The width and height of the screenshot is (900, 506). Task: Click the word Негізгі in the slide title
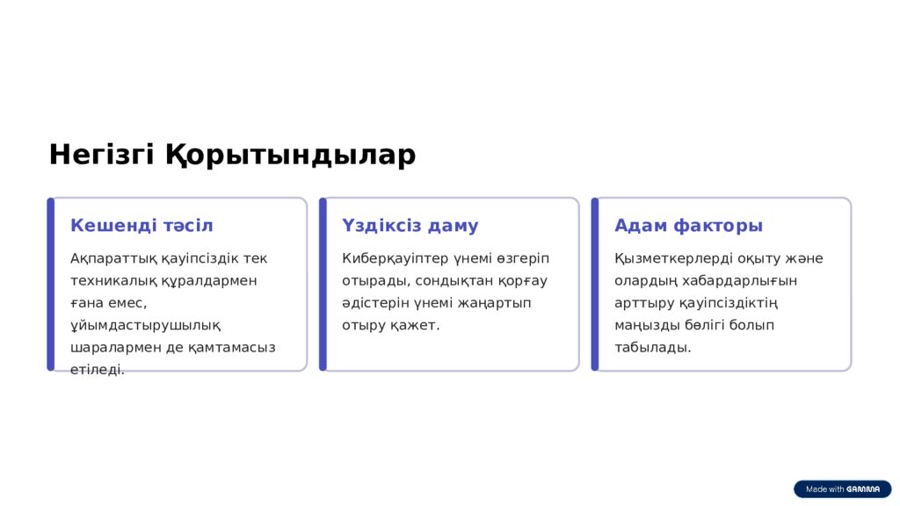[x=102, y=155]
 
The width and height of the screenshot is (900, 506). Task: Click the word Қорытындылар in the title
[x=290, y=155]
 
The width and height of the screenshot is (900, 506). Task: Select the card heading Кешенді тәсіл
[x=142, y=226]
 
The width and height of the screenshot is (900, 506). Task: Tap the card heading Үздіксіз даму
[x=410, y=226]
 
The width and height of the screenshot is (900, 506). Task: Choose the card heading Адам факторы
[x=688, y=226]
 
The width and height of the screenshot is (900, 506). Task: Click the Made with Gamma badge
[x=842, y=488]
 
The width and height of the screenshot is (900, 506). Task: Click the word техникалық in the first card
[x=106, y=280]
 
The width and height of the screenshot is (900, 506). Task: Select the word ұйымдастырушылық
[x=145, y=325]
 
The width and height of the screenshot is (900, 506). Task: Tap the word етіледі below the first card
[x=96, y=370]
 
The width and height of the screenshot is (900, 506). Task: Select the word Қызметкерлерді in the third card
[x=667, y=259]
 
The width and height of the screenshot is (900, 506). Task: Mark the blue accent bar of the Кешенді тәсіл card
[x=50, y=285]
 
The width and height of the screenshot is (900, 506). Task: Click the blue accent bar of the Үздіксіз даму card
[x=323, y=285]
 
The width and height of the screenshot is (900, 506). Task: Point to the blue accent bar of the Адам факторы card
[x=595, y=285]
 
